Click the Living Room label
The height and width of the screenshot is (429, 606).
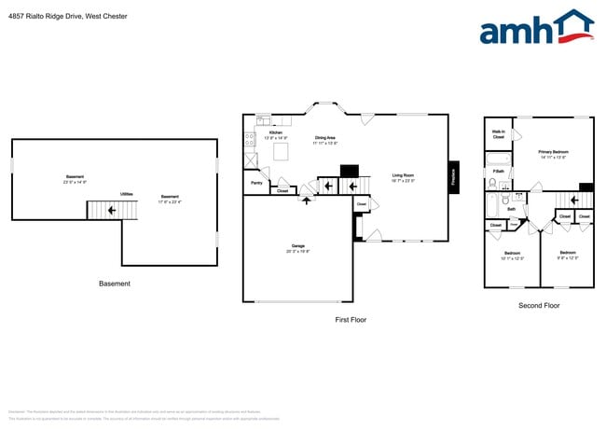[x=404, y=176]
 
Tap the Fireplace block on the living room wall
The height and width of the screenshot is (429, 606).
[x=454, y=176]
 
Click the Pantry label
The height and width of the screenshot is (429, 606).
[x=256, y=184]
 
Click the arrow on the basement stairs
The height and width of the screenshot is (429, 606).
[x=113, y=211]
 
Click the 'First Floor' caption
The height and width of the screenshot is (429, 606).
[x=351, y=320]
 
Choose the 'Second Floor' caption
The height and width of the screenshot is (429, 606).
[x=539, y=305]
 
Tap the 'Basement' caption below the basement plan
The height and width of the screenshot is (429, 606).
[x=115, y=284]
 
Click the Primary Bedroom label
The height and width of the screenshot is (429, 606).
[x=554, y=153]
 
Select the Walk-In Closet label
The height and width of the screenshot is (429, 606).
[x=499, y=134]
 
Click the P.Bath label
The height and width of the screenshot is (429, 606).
[x=499, y=172]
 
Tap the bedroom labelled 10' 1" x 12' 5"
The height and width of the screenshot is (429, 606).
[x=512, y=255]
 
